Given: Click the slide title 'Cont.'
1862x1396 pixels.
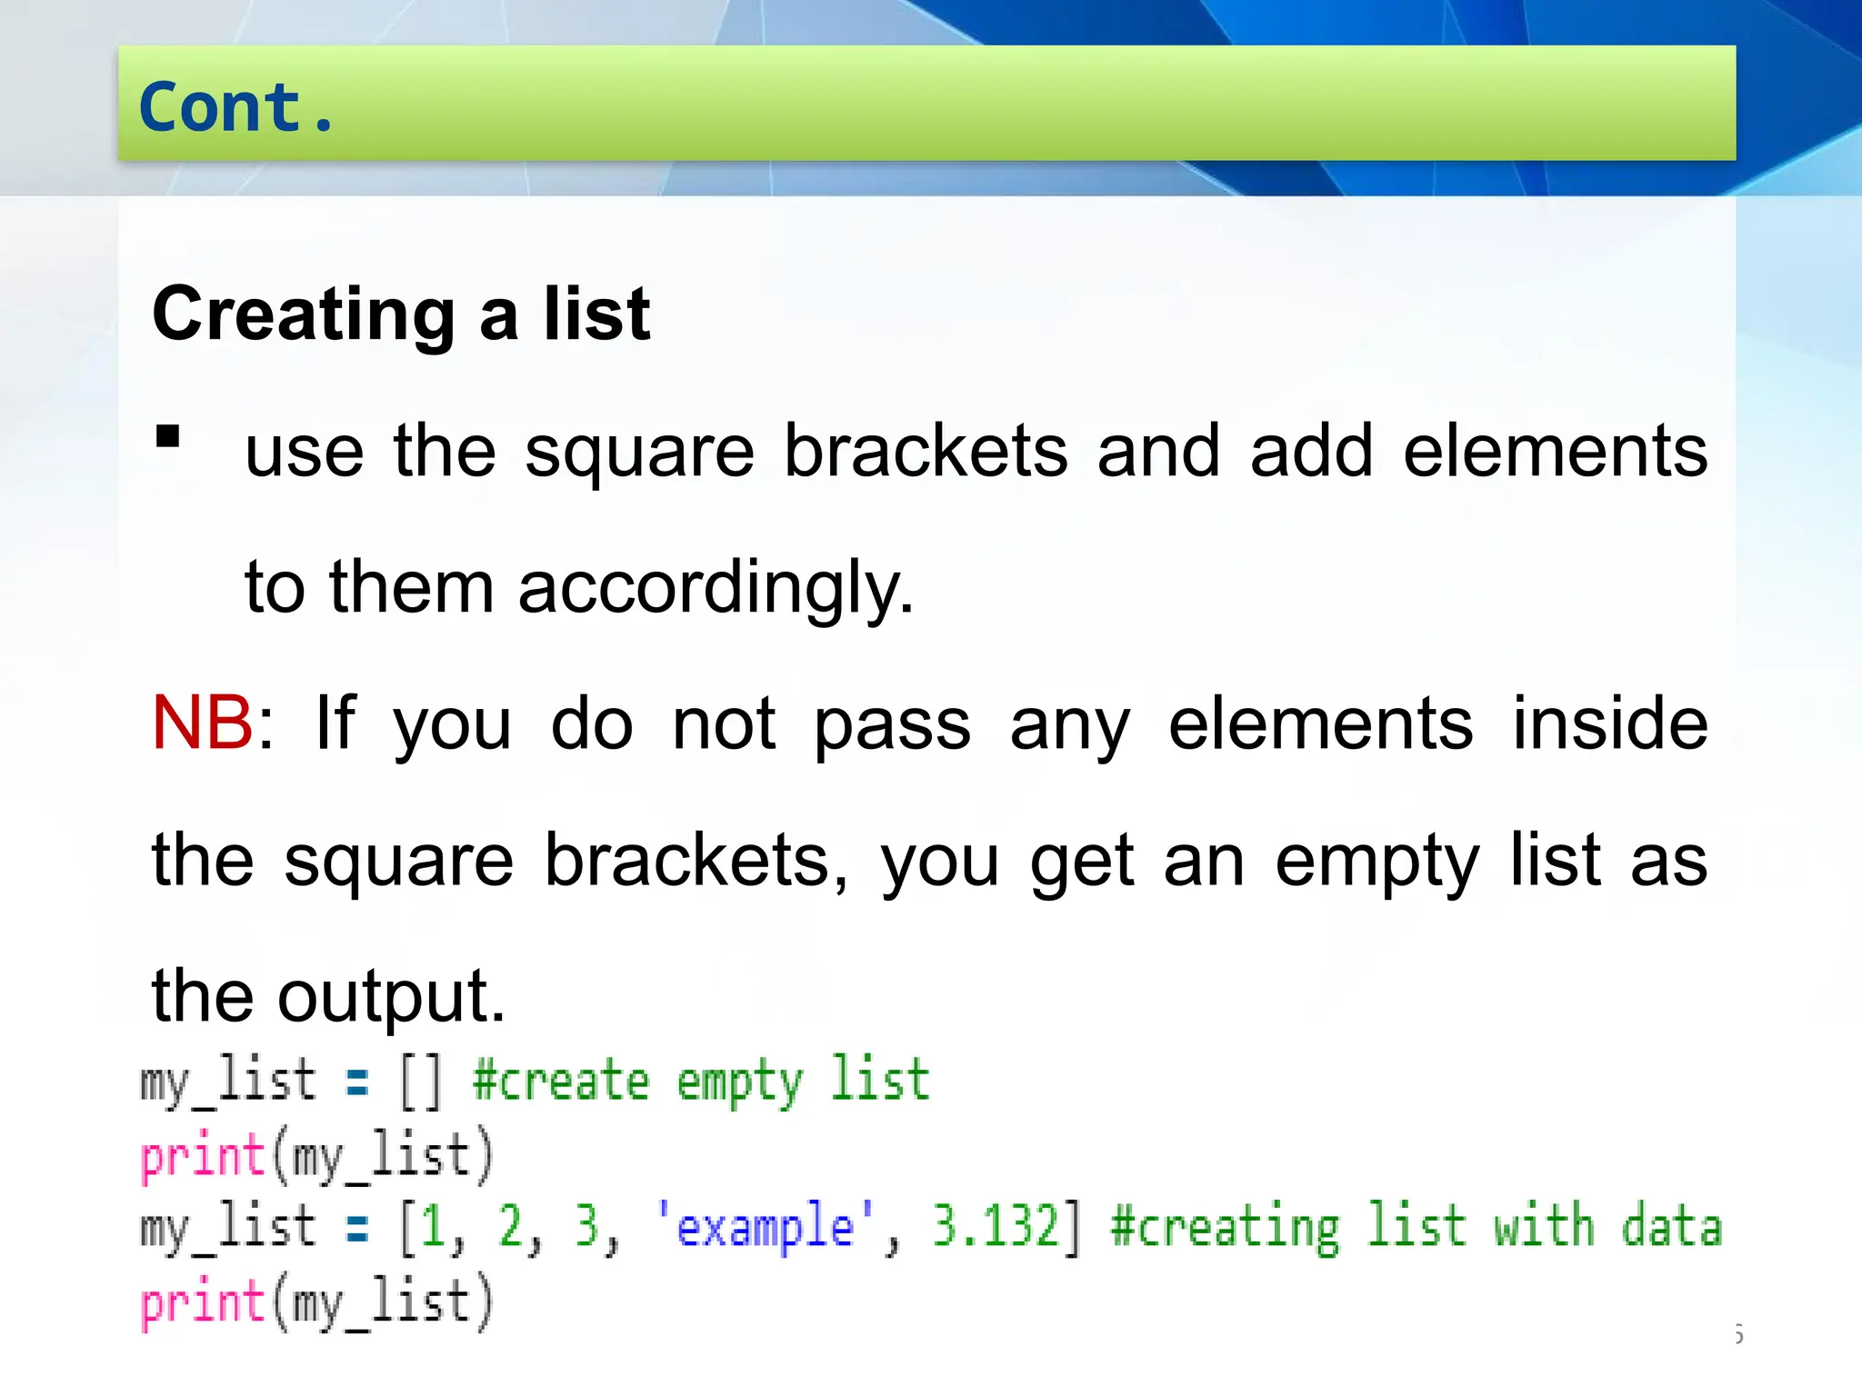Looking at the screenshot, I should [x=236, y=107].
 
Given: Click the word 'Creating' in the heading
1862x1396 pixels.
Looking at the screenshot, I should [x=304, y=314].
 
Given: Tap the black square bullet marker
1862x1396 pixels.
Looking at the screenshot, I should [x=168, y=437].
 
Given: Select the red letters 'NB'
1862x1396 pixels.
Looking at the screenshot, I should [x=202, y=723].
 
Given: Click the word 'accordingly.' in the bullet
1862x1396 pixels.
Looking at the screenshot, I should [x=716, y=588].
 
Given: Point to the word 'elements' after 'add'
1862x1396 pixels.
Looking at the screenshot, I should [x=1556, y=451].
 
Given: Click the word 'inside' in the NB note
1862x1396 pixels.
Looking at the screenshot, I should [x=1610, y=723].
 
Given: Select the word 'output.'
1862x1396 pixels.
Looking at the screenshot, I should [x=391, y=997].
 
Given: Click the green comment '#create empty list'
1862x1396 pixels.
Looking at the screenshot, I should [x=701, y=1082].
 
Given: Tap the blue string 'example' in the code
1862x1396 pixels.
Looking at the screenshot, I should [x=765, y=1227].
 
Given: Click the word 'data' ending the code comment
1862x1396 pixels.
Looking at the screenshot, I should [x=1671, y=1227].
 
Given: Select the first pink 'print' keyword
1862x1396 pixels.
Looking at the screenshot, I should [x=202, y=1158].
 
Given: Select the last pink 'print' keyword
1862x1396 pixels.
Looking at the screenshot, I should [x=202, y=1302].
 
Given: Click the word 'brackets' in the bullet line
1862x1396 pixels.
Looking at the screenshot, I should [x=926, y=451].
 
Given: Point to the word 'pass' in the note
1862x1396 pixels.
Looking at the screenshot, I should [x=892, y=725].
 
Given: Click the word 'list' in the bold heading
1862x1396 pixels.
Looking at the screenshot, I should [x=596, y=314].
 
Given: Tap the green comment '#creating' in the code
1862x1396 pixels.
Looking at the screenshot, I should [x=1225, y=1228].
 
